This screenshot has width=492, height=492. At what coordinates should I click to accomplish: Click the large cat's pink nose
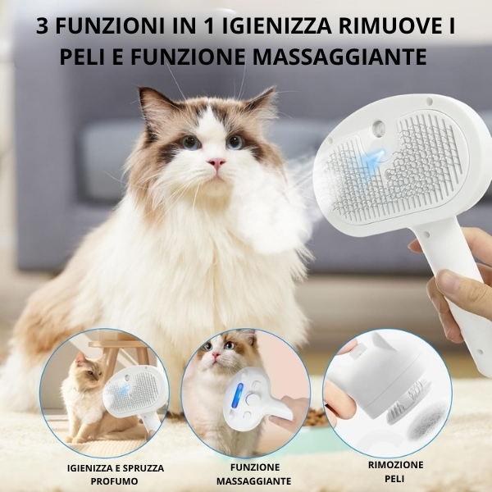[216, 163]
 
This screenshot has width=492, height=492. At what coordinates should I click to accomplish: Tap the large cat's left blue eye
[190, 143]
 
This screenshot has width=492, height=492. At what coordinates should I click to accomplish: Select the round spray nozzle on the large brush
[378, 127]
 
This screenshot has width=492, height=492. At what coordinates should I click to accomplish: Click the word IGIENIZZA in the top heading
[277, 26]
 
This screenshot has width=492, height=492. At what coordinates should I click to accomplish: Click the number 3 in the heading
[42, 26]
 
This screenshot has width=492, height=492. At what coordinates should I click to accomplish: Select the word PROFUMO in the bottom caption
[115, 481]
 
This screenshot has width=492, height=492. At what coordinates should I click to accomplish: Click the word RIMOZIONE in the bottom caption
[396, 465]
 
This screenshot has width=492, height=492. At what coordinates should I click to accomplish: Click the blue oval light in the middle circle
[237, 395]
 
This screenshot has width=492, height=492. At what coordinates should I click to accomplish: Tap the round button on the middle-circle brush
[252, 399]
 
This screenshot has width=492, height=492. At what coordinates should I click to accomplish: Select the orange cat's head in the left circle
[86, 367]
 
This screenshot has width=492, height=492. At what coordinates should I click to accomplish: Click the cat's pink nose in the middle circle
[216, 354]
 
